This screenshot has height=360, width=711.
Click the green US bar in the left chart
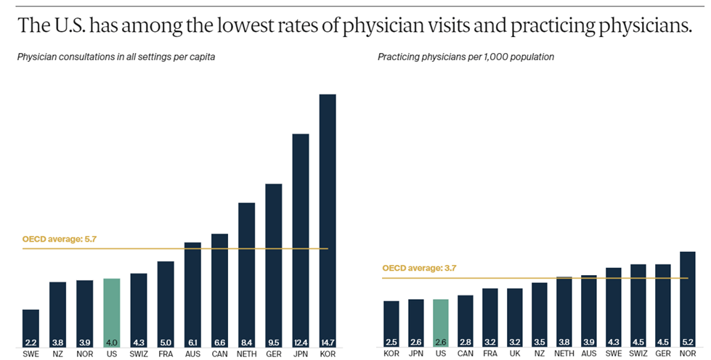click(x=111, y=312)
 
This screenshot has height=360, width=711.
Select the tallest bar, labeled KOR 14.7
click(x=328, y=218)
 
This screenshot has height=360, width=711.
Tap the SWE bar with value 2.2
click(x=31, y=327)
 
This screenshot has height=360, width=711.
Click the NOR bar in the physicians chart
click(x=687, y=298)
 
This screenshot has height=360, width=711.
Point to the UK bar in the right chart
click(x=515, y=316)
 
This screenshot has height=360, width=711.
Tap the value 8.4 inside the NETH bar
click(x=247, y=342)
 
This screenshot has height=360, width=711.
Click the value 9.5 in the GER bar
click(x=274, y=342)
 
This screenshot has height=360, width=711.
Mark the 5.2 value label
click(x=687, y=342)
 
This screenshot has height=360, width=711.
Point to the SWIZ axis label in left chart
click(x=139, y=354)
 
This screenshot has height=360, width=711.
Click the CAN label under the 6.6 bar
click(x=220, y=354)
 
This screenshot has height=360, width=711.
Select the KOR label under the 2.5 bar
click(x=391, y=354)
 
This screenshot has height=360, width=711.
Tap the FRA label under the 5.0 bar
click(x=166, y=354)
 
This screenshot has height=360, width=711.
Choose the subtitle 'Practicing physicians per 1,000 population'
click(x=466, y=57)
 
